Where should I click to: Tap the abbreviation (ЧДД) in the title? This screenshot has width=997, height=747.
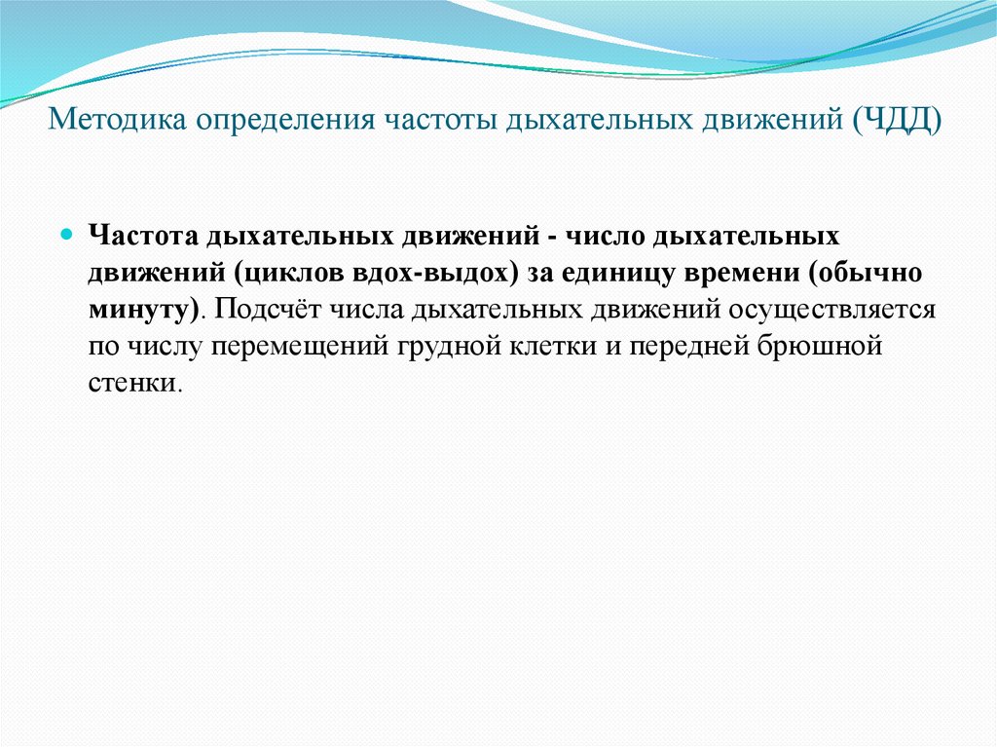click(x=898, y=121)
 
